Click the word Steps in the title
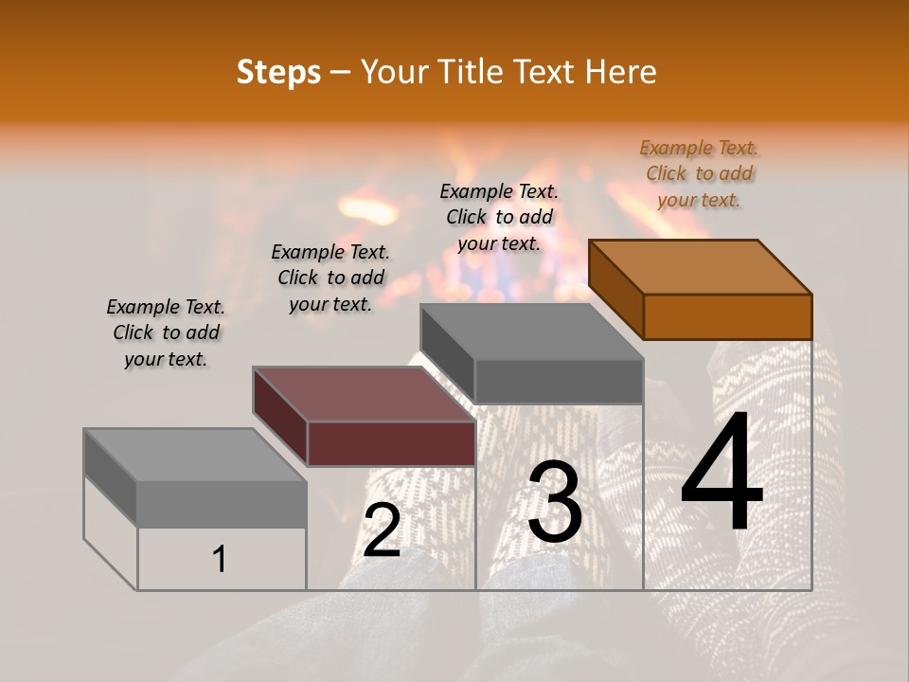tap(277, 72)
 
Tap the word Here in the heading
tap(619, 72)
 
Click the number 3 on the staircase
tap(554, 502)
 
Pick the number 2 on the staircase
tap(382, 530)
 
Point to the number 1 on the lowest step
tap(220, 560)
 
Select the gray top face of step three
tap(531, 332)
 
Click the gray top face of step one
tap(195, 456)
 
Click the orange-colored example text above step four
tap(699, 173)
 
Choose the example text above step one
tap(166, 332)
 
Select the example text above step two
tap(330, 278)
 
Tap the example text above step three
tap(499, 217)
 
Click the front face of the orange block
tap(727, 316)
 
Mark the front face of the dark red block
tap(391, 443)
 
